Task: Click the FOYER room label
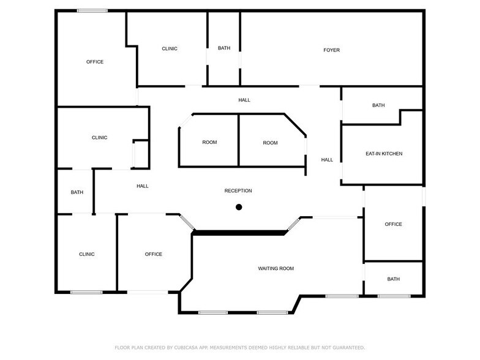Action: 331,50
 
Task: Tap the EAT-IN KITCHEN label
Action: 384,153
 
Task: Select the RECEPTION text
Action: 238,191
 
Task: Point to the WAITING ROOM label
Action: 276,268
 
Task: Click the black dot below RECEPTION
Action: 239,207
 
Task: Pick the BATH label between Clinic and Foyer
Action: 224,49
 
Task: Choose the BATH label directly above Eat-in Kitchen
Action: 378,105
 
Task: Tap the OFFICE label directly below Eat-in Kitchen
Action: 393,224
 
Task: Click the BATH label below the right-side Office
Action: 393,279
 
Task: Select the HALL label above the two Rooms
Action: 244,100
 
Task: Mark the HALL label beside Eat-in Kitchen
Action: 327,160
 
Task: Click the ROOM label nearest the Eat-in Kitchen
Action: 270,143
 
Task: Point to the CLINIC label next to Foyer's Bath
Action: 170,49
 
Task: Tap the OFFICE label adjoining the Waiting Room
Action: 154,254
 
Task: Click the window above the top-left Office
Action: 92,10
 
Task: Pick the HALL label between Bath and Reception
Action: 143,186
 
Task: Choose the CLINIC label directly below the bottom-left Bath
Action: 86,254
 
